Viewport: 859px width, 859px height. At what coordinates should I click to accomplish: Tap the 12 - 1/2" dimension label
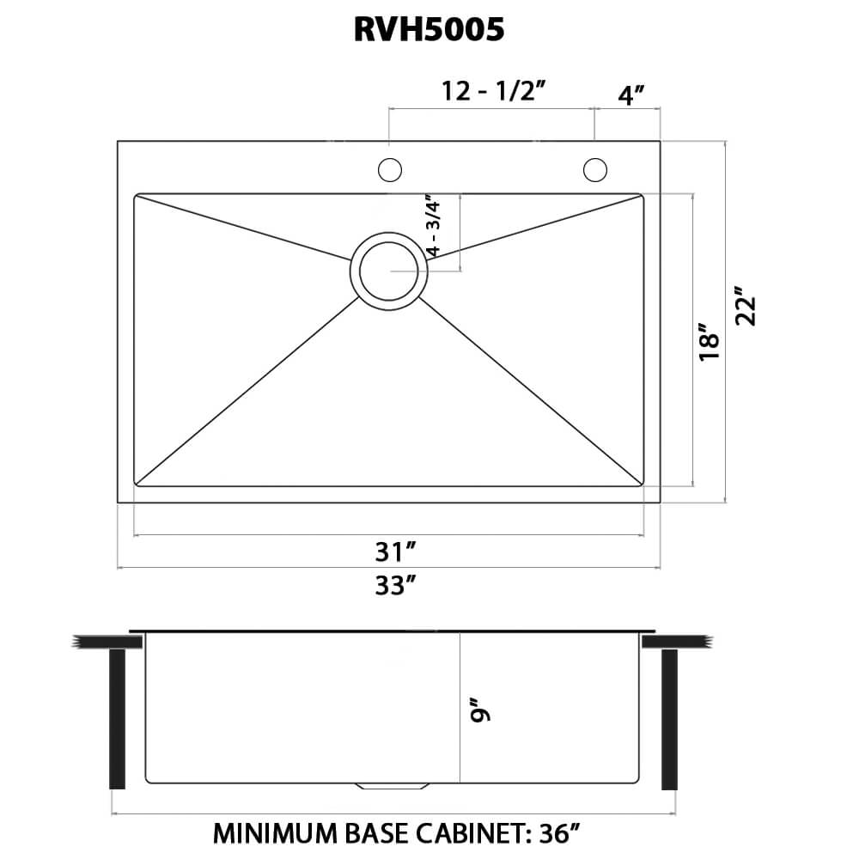tap(495, 91)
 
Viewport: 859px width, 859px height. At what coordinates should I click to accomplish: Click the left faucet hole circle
tap(390, 170)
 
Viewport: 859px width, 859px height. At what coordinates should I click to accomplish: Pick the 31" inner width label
tap(396, 551)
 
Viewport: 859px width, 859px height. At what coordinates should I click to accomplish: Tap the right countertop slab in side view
tap(678, 642)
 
